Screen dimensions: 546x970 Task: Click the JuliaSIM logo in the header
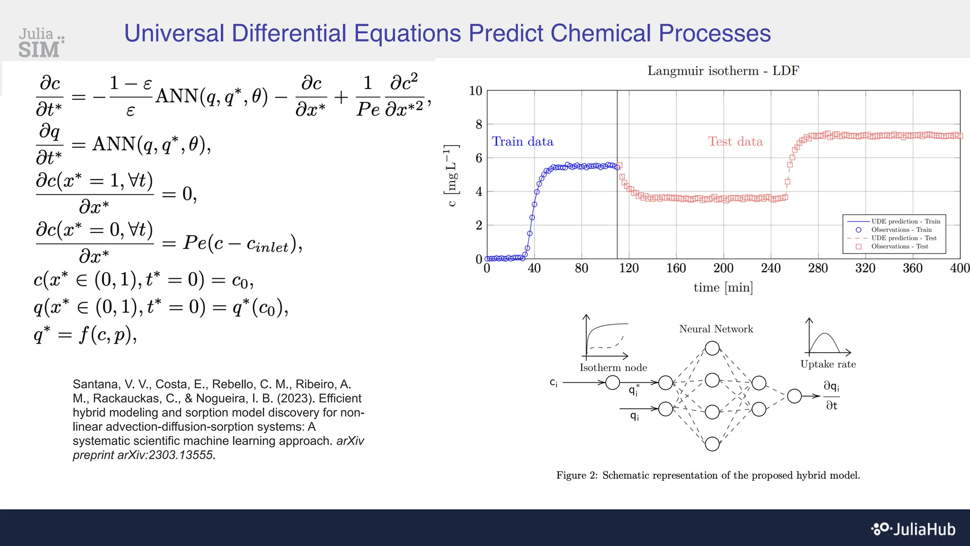41,43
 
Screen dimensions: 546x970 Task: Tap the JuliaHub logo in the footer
914,529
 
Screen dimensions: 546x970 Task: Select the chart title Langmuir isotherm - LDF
723,71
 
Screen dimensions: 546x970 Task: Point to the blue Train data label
522,142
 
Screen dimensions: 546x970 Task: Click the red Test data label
735,142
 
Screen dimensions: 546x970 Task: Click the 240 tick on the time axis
771,268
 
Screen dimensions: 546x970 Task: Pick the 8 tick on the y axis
479,125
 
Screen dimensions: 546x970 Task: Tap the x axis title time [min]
723,288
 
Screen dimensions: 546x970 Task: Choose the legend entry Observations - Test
899,246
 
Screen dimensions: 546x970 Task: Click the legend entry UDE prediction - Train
905,221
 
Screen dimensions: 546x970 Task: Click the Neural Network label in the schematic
716,329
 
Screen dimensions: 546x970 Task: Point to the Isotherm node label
613,368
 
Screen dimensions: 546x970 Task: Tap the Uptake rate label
828,364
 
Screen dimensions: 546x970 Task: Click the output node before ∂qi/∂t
794,396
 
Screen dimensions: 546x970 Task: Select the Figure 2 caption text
708,475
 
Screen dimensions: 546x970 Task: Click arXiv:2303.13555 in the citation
166,455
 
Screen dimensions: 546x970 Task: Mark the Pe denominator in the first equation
368,110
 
